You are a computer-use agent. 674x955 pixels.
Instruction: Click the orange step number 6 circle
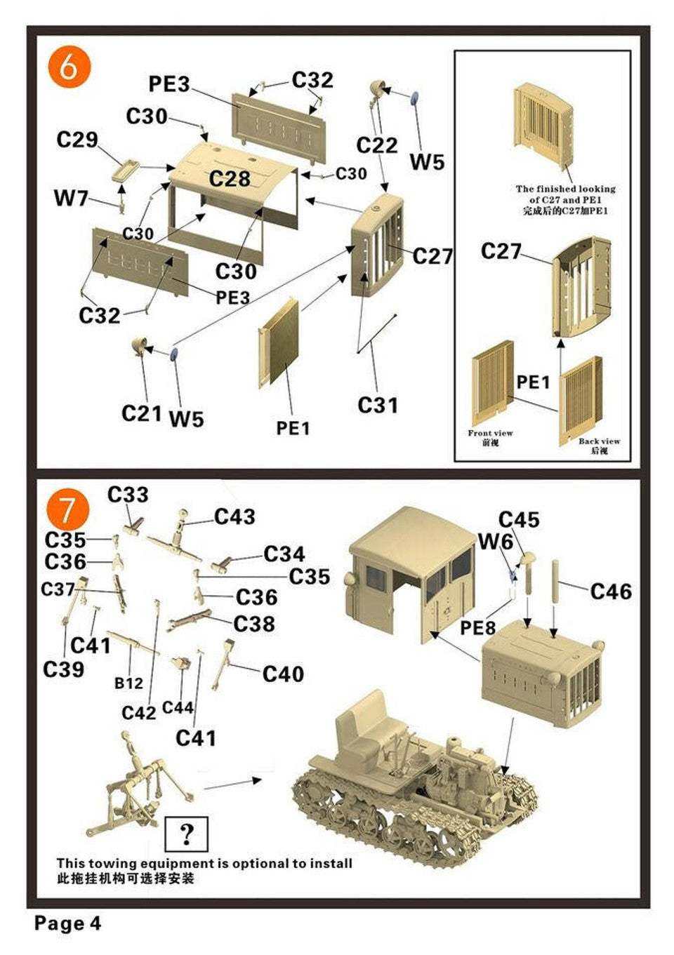(x=69, y=67)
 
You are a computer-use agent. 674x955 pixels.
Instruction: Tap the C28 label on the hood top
(x=230, y=179)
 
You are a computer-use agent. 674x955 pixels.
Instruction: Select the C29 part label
(x=77, y=140)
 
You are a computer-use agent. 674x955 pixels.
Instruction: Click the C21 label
(x=141, y=413)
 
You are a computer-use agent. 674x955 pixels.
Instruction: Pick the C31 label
(x=377, y=405)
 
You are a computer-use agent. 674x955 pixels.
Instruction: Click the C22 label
(x=376, y=145)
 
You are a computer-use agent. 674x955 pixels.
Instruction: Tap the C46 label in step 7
(x=610, y=592)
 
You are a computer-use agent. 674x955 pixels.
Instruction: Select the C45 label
(x=519, y=520)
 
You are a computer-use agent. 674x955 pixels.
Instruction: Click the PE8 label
(x=477, y=628)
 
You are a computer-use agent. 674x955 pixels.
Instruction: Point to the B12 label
(x=128, y=682)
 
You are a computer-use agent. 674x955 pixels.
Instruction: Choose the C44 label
(x=178, y=707)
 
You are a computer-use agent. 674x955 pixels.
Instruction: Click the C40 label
(x=283, y=674)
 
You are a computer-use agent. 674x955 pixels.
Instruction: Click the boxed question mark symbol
(x=186, y=834)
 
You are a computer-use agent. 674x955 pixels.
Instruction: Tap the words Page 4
(x=67, y=923)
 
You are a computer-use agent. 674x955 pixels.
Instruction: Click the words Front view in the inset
(x=490, y=433)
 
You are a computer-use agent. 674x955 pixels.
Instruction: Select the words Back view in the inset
(x=599, y=441)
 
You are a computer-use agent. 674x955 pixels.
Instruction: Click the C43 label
(x=234, y=517)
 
